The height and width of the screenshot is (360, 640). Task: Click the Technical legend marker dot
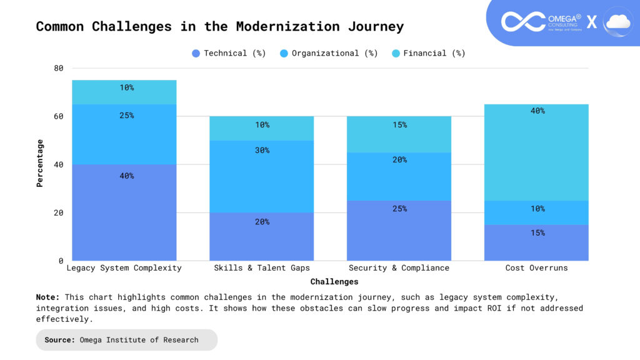point(196,54)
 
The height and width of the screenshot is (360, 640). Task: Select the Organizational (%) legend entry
point(329,54)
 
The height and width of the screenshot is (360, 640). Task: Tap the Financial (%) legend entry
point(429,54)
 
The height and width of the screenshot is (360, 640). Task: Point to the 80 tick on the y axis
point(58,68)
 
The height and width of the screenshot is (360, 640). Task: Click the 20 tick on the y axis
point(58,212)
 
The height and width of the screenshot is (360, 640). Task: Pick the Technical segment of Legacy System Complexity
point(124,212)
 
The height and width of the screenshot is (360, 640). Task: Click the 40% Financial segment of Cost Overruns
point(536,152)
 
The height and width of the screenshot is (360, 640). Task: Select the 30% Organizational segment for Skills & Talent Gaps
point(262,176)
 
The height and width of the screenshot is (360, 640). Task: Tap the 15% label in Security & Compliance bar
point(399,125)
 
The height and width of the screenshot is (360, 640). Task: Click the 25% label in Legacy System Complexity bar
point(126,116)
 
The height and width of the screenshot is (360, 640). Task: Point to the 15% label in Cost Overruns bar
point(537,232)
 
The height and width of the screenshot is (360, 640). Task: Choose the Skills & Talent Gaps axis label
point(262,267)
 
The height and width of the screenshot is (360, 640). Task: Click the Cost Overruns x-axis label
point(536,267)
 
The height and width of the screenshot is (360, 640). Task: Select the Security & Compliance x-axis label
point(399,267)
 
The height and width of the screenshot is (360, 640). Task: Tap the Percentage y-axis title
point(39,163)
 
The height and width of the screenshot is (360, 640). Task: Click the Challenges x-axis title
point(334,282)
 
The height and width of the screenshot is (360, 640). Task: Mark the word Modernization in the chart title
point(287,26)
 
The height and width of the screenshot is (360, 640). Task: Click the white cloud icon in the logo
point(618,22)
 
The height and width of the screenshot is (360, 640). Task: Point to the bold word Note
point(47,297)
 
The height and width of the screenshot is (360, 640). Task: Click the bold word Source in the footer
point(59,340)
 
